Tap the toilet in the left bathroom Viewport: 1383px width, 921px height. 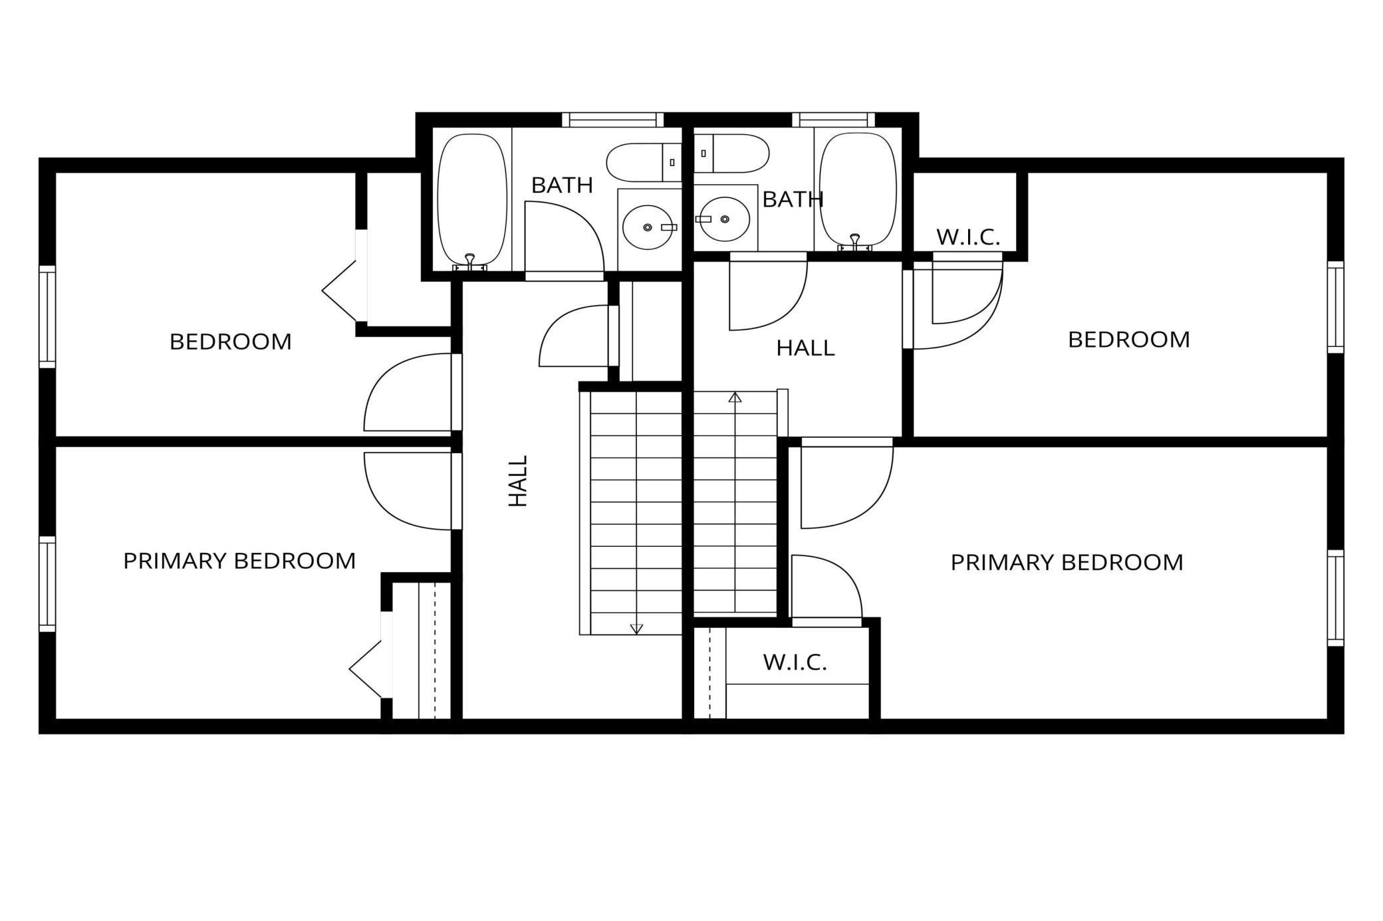(642, 162)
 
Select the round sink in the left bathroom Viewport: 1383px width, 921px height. (648, 227)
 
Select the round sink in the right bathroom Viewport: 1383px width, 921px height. (723, 219)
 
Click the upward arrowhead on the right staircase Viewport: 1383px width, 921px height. (735, 398)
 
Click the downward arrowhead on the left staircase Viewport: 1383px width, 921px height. (636, 628)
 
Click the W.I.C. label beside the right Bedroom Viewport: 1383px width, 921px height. (968, 237)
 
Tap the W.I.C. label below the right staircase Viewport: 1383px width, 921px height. (795, 662)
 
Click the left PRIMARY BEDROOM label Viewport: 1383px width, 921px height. (239, 561)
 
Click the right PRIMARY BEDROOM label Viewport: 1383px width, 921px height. (1067, 563)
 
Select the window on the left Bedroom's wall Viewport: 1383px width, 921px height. (47, 316)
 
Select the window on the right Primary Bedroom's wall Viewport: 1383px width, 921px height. (1335, 598)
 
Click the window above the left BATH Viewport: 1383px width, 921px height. (612, 120)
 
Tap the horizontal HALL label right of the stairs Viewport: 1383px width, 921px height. (805, 348)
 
